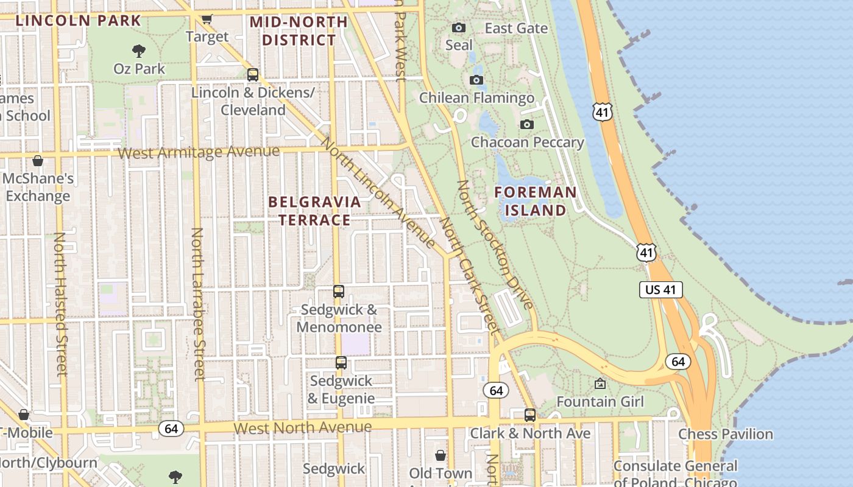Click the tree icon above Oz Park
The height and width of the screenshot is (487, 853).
139,51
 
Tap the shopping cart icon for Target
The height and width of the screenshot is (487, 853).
207,19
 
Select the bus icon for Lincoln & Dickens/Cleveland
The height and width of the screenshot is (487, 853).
252,75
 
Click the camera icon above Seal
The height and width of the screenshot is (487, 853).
459,27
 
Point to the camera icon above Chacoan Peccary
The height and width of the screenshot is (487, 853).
527,125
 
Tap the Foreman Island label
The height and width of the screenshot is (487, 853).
535,201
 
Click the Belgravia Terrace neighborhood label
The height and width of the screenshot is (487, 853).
314,211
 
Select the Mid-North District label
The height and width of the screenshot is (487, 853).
299,31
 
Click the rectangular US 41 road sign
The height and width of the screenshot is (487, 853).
660,290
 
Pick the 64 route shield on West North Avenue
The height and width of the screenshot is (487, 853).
171,429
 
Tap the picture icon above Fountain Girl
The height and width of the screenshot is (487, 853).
600,384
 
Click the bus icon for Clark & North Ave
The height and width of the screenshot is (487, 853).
530,415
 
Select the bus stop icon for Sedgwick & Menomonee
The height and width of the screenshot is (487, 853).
339,292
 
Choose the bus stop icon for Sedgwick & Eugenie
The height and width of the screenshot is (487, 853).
341,363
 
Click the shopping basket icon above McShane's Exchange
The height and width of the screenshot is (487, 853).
38,161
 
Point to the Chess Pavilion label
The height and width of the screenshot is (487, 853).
725,434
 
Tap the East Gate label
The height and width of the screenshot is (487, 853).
516,28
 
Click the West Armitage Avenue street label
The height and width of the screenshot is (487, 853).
199,152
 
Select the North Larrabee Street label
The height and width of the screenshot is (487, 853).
197,304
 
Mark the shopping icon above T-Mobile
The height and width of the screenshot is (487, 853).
24,415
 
